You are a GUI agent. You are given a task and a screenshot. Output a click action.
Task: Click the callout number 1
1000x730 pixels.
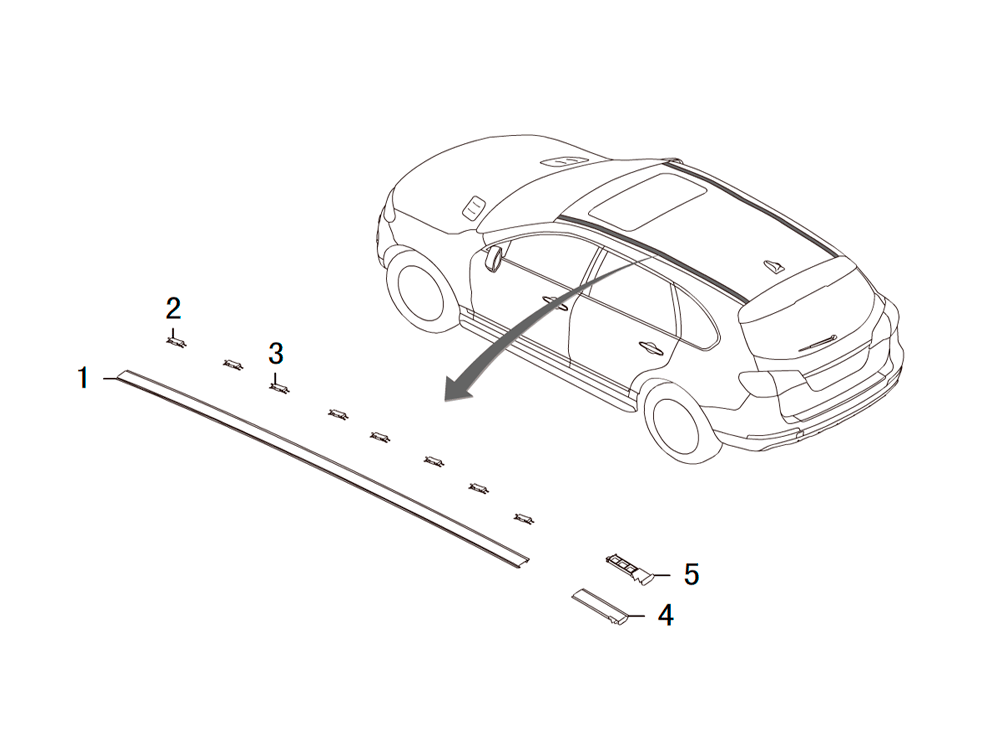pyautogui.click(x=83, y=377)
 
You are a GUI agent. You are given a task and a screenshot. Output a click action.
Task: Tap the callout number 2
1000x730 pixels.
pyautogui.click(x=173, y=309)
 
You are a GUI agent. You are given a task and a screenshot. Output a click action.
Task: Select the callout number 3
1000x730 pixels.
pyautogui.click(x=276, y=353)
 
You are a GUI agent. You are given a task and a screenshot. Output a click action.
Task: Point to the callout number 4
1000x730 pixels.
pyautogui.click(x=666, y=615)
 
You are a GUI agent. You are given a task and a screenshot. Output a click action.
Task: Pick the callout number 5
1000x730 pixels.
pyautogui.click(x=691, y=574)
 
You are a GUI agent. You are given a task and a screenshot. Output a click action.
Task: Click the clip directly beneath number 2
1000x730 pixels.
pyautogui.click(x=176, y=342)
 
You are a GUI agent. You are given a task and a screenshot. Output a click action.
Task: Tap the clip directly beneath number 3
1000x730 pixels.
pyautogui.click(x=279, y=388)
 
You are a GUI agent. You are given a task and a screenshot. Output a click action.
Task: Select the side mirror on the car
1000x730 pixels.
pyautogui.click(x=494, y=257)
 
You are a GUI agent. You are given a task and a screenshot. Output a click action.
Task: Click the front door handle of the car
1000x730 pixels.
pyautogui.click(x=555, y=302)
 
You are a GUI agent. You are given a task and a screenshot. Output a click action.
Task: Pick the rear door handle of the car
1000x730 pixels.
pyautogui.click(x=651, y=347)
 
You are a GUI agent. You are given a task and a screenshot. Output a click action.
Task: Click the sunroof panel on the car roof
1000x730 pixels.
pyautogui.click(x=647, y=200)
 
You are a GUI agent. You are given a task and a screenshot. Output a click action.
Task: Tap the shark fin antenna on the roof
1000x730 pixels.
pyautogui.click(x=774, y=266)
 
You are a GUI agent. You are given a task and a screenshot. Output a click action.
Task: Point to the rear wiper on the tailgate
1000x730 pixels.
pyautogui.click(x=816, y=342)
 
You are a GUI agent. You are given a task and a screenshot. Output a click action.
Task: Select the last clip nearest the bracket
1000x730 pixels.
pyautogui.click(x=524, y=518)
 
